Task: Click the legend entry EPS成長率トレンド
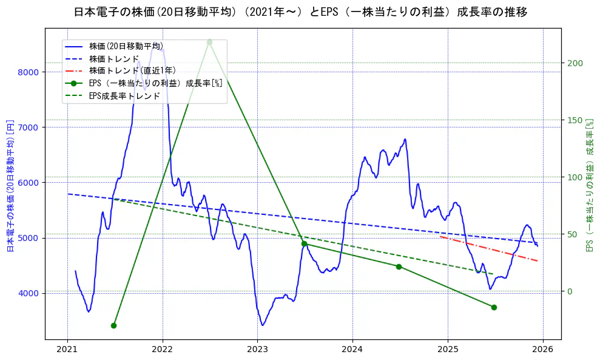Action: tap(124, 95)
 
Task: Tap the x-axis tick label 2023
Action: tap(257, 349)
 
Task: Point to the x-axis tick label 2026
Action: tap(543, 349)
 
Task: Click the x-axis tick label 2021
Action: tap(67, 349)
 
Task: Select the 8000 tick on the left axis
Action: tap(30, 72)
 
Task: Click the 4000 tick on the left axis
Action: tap(30, 293)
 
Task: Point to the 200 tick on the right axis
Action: tap(574, 63)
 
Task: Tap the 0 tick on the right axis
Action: tap(569, 291)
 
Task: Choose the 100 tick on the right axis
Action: tap(574, 177)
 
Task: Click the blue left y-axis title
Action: tap(10, 186)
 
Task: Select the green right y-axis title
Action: tap(588, 186)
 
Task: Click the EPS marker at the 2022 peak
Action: tap(209, 42)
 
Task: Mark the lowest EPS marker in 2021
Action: tap(113, 325)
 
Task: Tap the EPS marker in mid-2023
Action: tap(304, 243)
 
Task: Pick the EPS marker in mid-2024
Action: tap(399, 267)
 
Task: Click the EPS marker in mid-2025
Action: tap(494, 307)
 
